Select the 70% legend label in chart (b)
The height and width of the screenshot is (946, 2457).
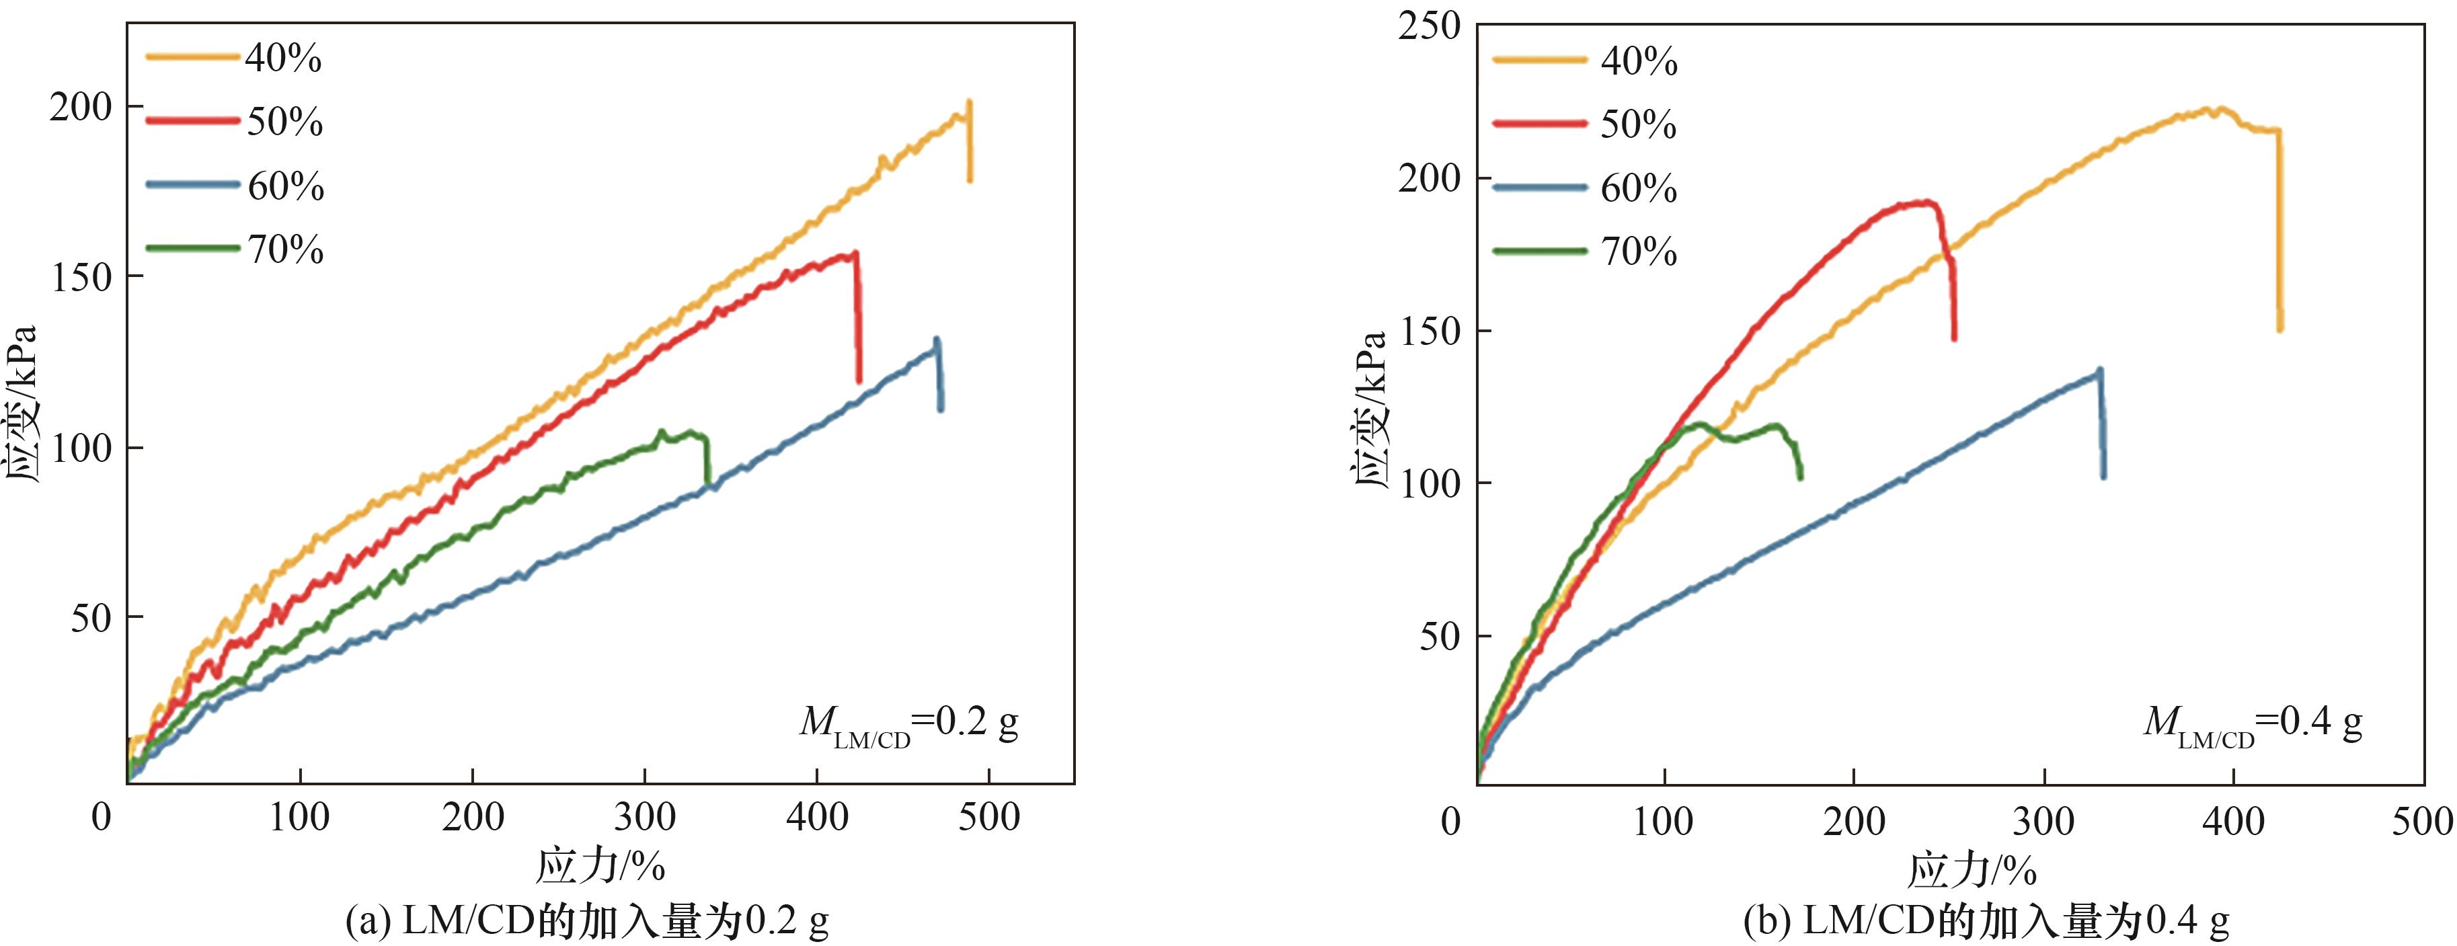pyautogui.click(x=1638, y=251)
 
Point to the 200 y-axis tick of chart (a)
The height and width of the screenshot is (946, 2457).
pyautogui.click(x=81, y=107)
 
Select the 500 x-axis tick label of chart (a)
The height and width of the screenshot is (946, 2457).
pyautogui.click(x=988, y=818)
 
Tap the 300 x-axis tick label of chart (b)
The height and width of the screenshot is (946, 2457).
pyautogui.click(x=2044, y=821)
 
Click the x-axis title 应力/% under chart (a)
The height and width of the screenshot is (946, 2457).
pyautogui.click(x=600, y=867)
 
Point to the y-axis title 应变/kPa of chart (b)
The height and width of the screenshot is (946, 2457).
pyautogui.click(x=1370, y=410)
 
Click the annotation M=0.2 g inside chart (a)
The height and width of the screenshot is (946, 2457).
pyautogui.click(x=908, y=725)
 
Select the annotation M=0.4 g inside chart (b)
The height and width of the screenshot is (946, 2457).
pyautogui.click(x=2253, y=723)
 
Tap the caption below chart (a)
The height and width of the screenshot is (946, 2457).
pyautogui.click(x=586, y=921)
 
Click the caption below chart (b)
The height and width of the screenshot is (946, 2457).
pyautogui.click(x=1986, y=921)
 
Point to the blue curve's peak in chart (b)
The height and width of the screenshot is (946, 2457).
pyautogui.click(x=2099, y=370)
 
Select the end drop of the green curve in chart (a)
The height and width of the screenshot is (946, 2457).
pyautogui.click(x=707, y=463)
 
